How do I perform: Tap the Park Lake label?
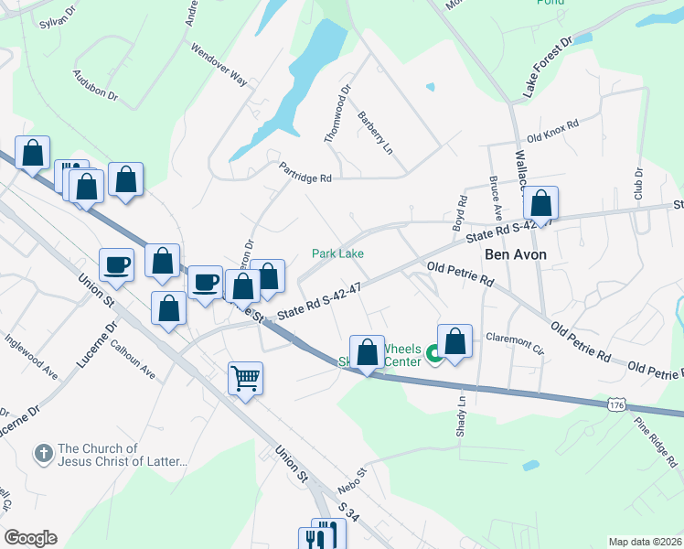click(x=339, y=253)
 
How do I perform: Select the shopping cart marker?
click(x=246, y=377)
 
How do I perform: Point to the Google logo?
click(x=30, y=538)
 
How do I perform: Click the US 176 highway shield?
click(x=619, y=402)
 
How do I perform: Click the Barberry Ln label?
click(x=375, y=133)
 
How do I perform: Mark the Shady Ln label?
click(x=462, y=418)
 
